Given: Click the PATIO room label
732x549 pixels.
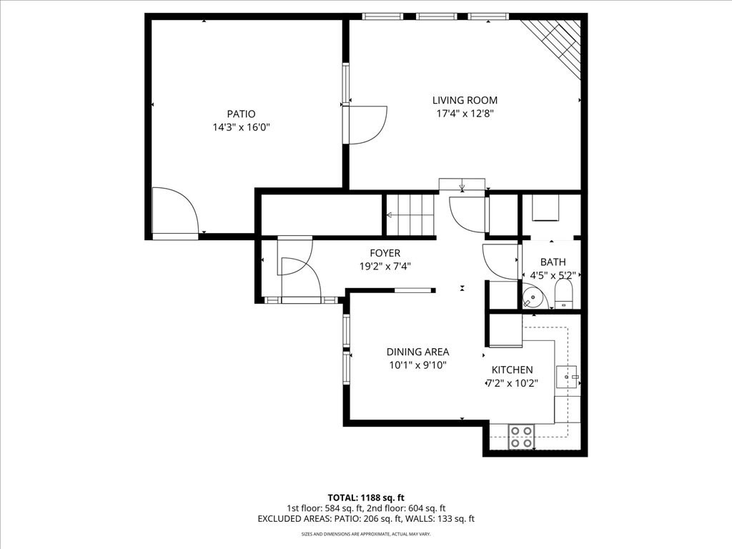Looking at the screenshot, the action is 242,114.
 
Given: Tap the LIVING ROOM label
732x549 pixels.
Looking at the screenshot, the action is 465,100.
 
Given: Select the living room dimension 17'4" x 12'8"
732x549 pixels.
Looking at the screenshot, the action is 465,114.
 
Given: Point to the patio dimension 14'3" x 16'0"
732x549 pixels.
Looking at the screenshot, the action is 242,127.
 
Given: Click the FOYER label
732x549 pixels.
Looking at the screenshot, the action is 385,253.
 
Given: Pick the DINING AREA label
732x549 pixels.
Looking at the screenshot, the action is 417,352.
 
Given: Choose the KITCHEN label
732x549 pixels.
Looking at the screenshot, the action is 512,370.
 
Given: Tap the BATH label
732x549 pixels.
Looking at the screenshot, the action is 553,262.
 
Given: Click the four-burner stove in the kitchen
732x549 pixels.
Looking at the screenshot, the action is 521,437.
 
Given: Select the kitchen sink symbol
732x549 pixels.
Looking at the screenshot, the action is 567,377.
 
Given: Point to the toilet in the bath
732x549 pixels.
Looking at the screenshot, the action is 563,294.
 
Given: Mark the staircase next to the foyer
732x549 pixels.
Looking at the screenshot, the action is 410,215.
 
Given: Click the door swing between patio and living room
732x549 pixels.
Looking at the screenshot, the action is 367,125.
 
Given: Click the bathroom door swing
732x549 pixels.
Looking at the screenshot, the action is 500,262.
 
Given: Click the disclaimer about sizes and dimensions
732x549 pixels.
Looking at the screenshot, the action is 366,533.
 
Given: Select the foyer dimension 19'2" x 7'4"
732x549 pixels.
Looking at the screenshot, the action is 385,267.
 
